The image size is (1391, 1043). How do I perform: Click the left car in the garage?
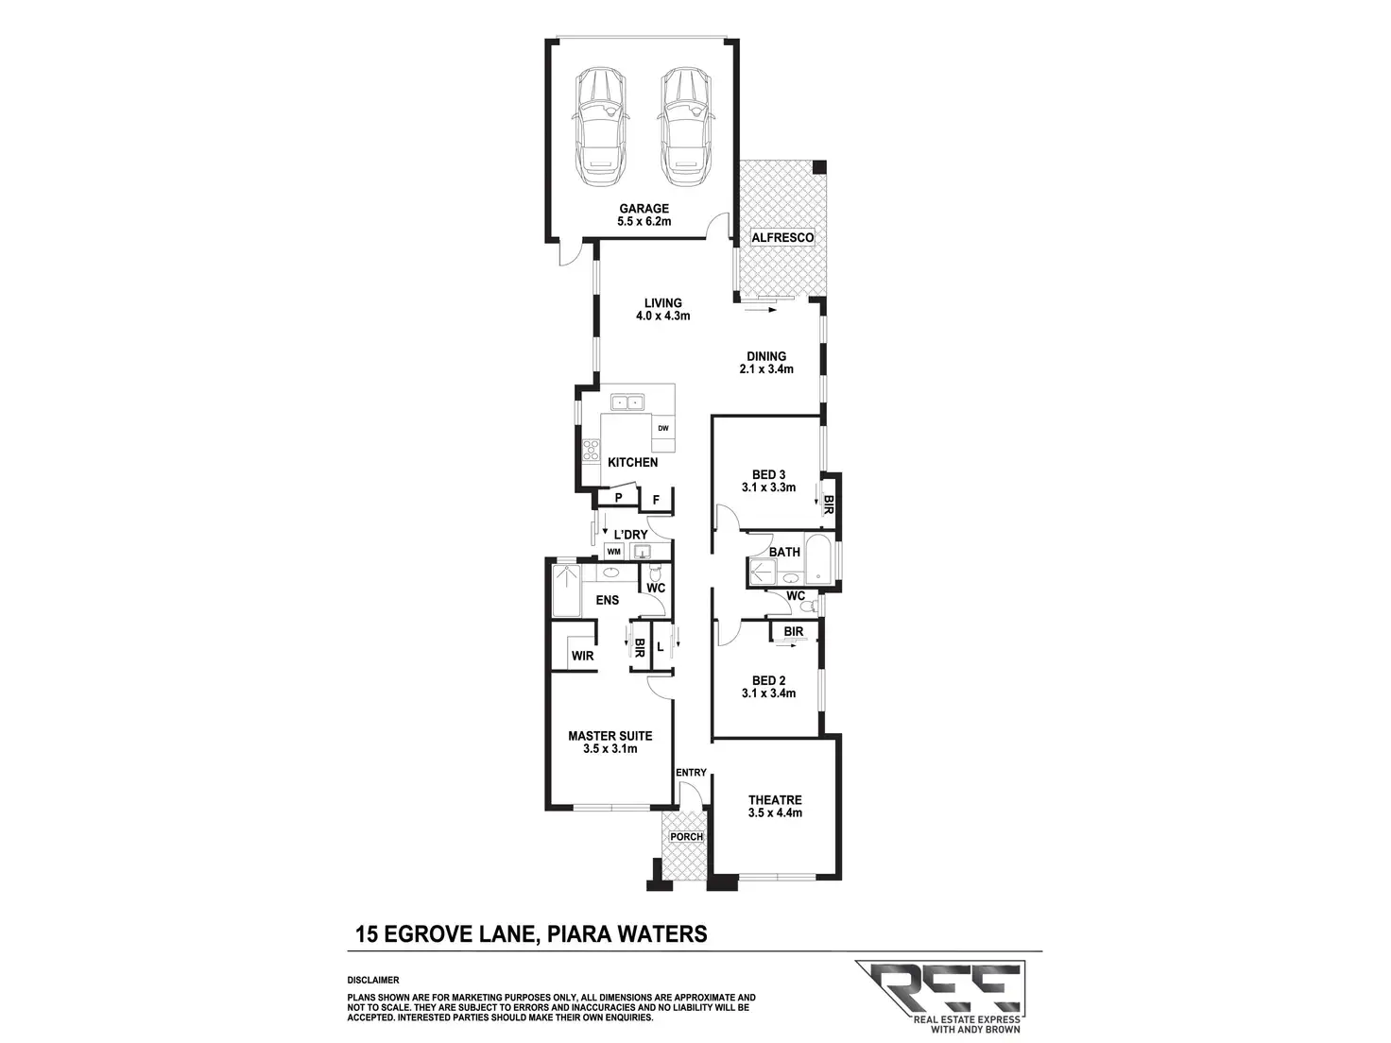pos(601,128)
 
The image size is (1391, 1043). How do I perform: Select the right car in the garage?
pos(686,128)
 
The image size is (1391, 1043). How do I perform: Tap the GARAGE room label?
pos(644,209)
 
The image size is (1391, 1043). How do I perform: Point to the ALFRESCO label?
pos(782,237)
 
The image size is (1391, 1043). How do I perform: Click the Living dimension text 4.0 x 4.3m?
pos(662,316)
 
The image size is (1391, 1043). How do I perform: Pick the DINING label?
pos(766,356)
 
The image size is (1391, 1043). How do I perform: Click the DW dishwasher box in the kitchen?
pos(662,429)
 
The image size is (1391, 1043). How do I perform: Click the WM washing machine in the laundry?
pos(613,552)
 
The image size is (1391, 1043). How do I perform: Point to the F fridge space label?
pos(656,501)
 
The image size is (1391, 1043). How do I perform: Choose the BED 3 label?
pos(768,474)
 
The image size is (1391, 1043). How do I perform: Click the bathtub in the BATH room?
pos(820,559)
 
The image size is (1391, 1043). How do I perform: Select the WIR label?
pos(582,656)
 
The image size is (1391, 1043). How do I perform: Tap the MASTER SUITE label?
pos(610,736)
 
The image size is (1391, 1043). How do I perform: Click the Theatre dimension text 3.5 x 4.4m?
pos(775,812)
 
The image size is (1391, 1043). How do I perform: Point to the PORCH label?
pos(686,836)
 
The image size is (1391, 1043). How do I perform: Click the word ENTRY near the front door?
pos(691,773)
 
